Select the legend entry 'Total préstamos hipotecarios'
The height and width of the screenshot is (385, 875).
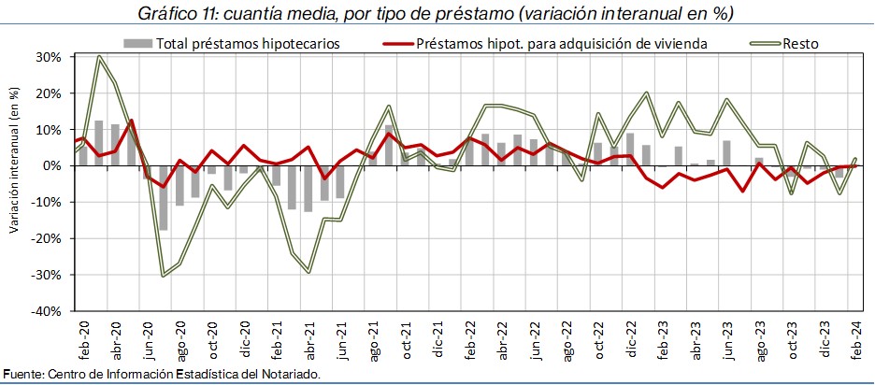pyautogui.click(x=247, y=43)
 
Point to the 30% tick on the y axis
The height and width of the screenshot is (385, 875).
pyautogui.click(x=49, y=57)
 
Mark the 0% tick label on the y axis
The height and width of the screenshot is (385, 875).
pyautogui.click(x=51, y=166)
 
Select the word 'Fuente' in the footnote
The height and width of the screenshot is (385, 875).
pyautogui.click(x=22, y=375)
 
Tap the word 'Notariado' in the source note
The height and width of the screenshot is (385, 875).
pyautogui.click(x=291, y=375)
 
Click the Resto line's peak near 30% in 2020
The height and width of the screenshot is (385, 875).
pyautogui.click(x=99, y=58)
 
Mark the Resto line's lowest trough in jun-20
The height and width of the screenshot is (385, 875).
pyautogui.click(x=164, y=275)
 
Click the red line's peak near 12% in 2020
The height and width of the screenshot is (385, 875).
pyautogui.click(x=131, y=121)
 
